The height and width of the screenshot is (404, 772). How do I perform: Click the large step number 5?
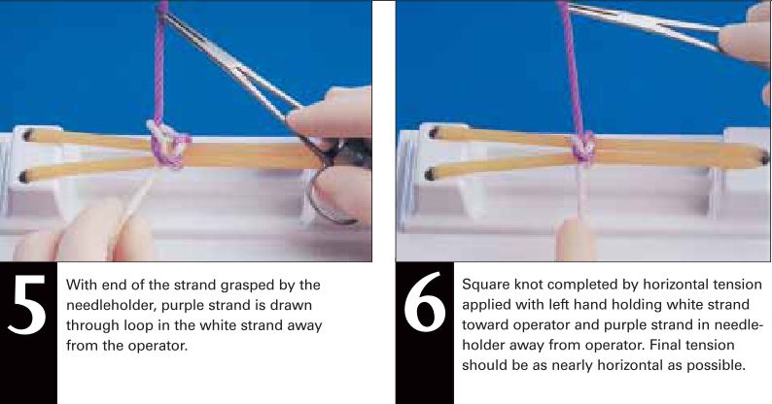(28, 304)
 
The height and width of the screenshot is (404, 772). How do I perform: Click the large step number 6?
(425, 302)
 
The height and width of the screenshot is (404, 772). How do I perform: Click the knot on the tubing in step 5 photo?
(167, 144)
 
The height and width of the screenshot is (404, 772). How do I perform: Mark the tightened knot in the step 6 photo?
(583, 148)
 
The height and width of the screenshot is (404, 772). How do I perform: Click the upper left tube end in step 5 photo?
(27, 134)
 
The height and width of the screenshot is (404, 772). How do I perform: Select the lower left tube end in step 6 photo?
(432, 174)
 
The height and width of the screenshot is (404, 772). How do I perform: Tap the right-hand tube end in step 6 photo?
(763, 158)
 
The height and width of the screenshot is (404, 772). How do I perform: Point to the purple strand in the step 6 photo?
(571, 69)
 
